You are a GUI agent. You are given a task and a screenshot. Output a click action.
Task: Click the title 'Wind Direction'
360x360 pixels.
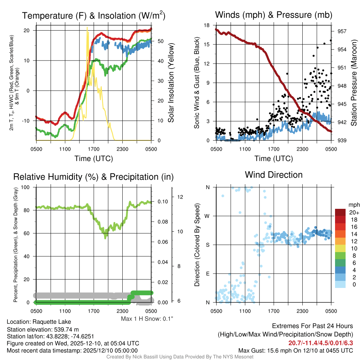(x=274, y=175)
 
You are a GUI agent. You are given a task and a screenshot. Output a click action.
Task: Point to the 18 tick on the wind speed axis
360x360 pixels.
(x=207, y=25)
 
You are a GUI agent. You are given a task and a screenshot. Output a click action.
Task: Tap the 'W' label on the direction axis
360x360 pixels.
(x=207, y=216)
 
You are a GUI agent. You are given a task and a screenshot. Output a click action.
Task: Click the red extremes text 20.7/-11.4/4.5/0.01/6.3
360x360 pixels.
(x=321, y=343)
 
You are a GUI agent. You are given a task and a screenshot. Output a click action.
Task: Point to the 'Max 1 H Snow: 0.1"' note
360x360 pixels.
(x=147, y=319)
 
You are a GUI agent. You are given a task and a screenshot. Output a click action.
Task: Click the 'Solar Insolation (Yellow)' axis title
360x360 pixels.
(x=171, y=83)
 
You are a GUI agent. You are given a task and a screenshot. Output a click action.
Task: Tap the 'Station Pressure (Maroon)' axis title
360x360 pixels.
(x=354, y=83)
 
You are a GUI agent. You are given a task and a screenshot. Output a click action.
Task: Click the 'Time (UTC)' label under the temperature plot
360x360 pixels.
(x=94, y=159)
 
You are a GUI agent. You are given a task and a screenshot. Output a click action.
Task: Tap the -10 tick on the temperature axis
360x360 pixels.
(x=28, y=121)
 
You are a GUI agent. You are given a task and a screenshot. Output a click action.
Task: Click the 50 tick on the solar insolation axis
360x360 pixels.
(x=160, y=41)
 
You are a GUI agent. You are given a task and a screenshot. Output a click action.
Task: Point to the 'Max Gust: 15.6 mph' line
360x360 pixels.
(x=295, y=351)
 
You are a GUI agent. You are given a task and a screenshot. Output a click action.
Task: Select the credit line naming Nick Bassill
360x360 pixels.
(x=180, y=357)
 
